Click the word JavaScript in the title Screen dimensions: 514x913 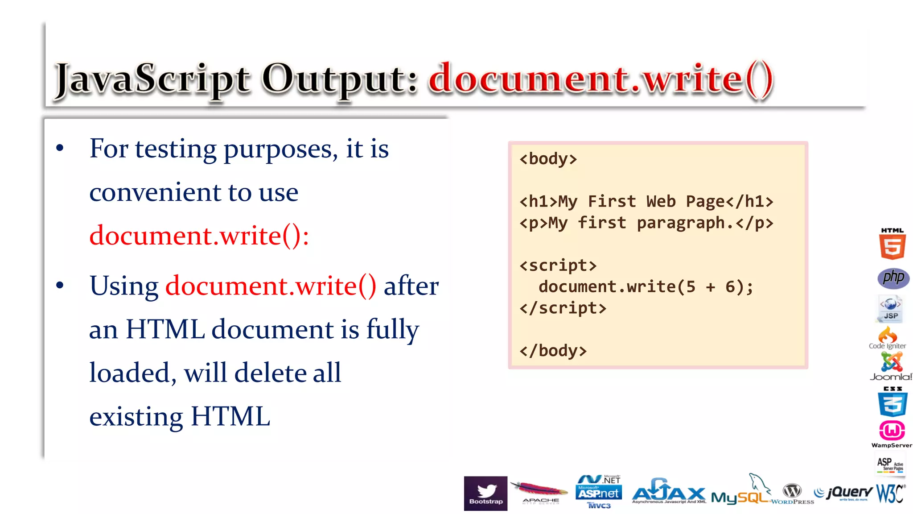[152, 80]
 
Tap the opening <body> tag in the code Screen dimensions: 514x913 [548, 159]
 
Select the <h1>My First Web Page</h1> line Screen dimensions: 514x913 [646, 202]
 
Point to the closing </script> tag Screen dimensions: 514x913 [563, 308]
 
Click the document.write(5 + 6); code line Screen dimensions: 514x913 [646, 287]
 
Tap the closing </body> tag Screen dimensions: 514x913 [553, 351]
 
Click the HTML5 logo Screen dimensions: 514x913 [892, 244]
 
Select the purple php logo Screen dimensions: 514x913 [893, 278]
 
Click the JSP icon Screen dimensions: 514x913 [890, 308]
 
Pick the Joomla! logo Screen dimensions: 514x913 [891, 366]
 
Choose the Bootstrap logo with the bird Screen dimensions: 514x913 [485, 493]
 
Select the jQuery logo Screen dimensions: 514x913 [843, 493]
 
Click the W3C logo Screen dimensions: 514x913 [890, 493]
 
